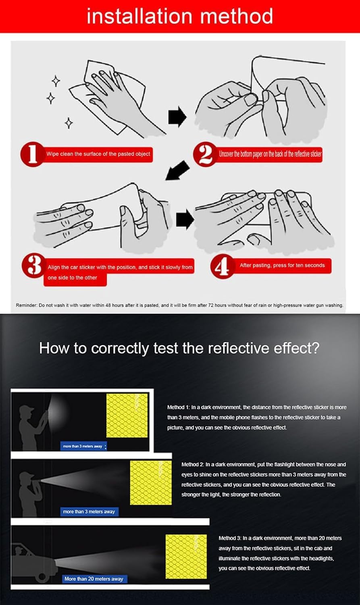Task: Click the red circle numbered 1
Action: point(32,154)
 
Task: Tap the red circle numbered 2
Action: point(205,154)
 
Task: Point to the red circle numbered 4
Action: point(223,266)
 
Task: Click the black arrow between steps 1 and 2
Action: point(177,117)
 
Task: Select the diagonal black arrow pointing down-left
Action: point(177,171)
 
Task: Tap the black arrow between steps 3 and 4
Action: point(185,219)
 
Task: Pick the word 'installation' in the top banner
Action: point(139,16)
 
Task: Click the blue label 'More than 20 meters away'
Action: point(94,579)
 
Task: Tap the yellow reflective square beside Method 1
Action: point(127,415)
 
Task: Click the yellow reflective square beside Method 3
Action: point(186,556)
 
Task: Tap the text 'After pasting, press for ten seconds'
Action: point(282,265)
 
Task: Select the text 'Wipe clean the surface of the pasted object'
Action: point(98,154)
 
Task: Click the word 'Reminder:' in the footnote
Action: point(27,305)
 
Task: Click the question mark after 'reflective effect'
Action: point(315,348)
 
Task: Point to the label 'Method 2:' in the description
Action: point(193,464)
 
